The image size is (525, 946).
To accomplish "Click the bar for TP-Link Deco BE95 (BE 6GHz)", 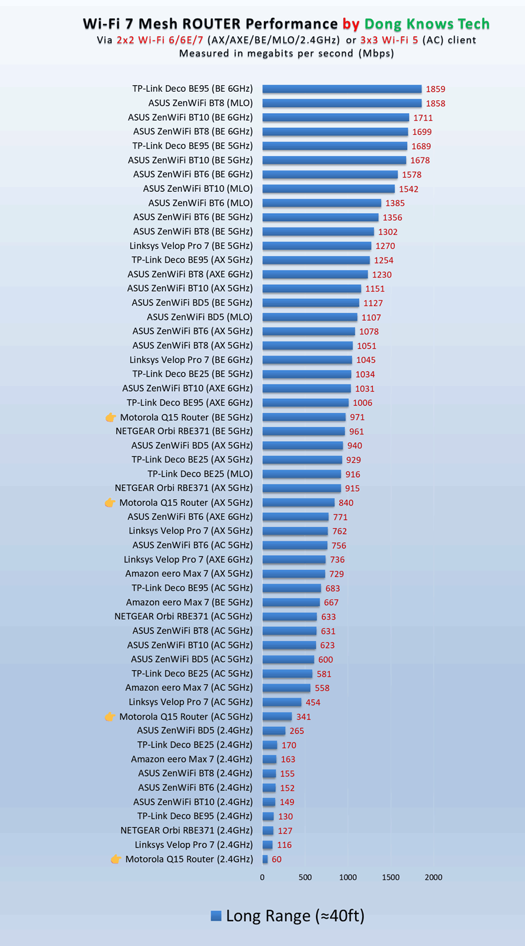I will coord(342,89).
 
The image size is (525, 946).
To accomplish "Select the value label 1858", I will coord(435,104).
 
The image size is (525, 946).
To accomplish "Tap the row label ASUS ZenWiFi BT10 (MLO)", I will coord(198,189).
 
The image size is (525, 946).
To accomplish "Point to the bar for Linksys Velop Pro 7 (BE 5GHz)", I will coord(317,246).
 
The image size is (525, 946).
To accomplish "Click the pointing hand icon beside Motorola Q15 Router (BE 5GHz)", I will coord(111,417).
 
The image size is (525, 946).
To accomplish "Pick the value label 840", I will coord(346,503).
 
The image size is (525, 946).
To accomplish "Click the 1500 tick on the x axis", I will coord(391,877).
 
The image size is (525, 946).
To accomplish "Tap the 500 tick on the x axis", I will coord(305,877).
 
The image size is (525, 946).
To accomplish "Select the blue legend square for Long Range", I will coord(216,916).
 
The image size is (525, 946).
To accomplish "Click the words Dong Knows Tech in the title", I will coord(427,24).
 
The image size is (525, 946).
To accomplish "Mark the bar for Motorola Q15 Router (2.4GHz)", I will coord(265,859).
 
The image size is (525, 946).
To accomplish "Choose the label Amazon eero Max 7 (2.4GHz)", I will coord(192,759).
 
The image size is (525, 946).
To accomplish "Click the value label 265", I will coord(297,731).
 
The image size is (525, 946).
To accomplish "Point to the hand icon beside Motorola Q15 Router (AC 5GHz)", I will coord(110,717).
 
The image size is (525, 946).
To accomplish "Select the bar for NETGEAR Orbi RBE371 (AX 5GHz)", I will coord(301,488).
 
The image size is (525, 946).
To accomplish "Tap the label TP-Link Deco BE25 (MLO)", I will coord(200,474).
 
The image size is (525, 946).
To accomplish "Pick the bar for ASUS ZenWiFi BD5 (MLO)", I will coord(310,317).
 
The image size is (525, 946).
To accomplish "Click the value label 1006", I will coord(362,403).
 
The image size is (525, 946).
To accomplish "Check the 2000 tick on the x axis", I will coord(433,877).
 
